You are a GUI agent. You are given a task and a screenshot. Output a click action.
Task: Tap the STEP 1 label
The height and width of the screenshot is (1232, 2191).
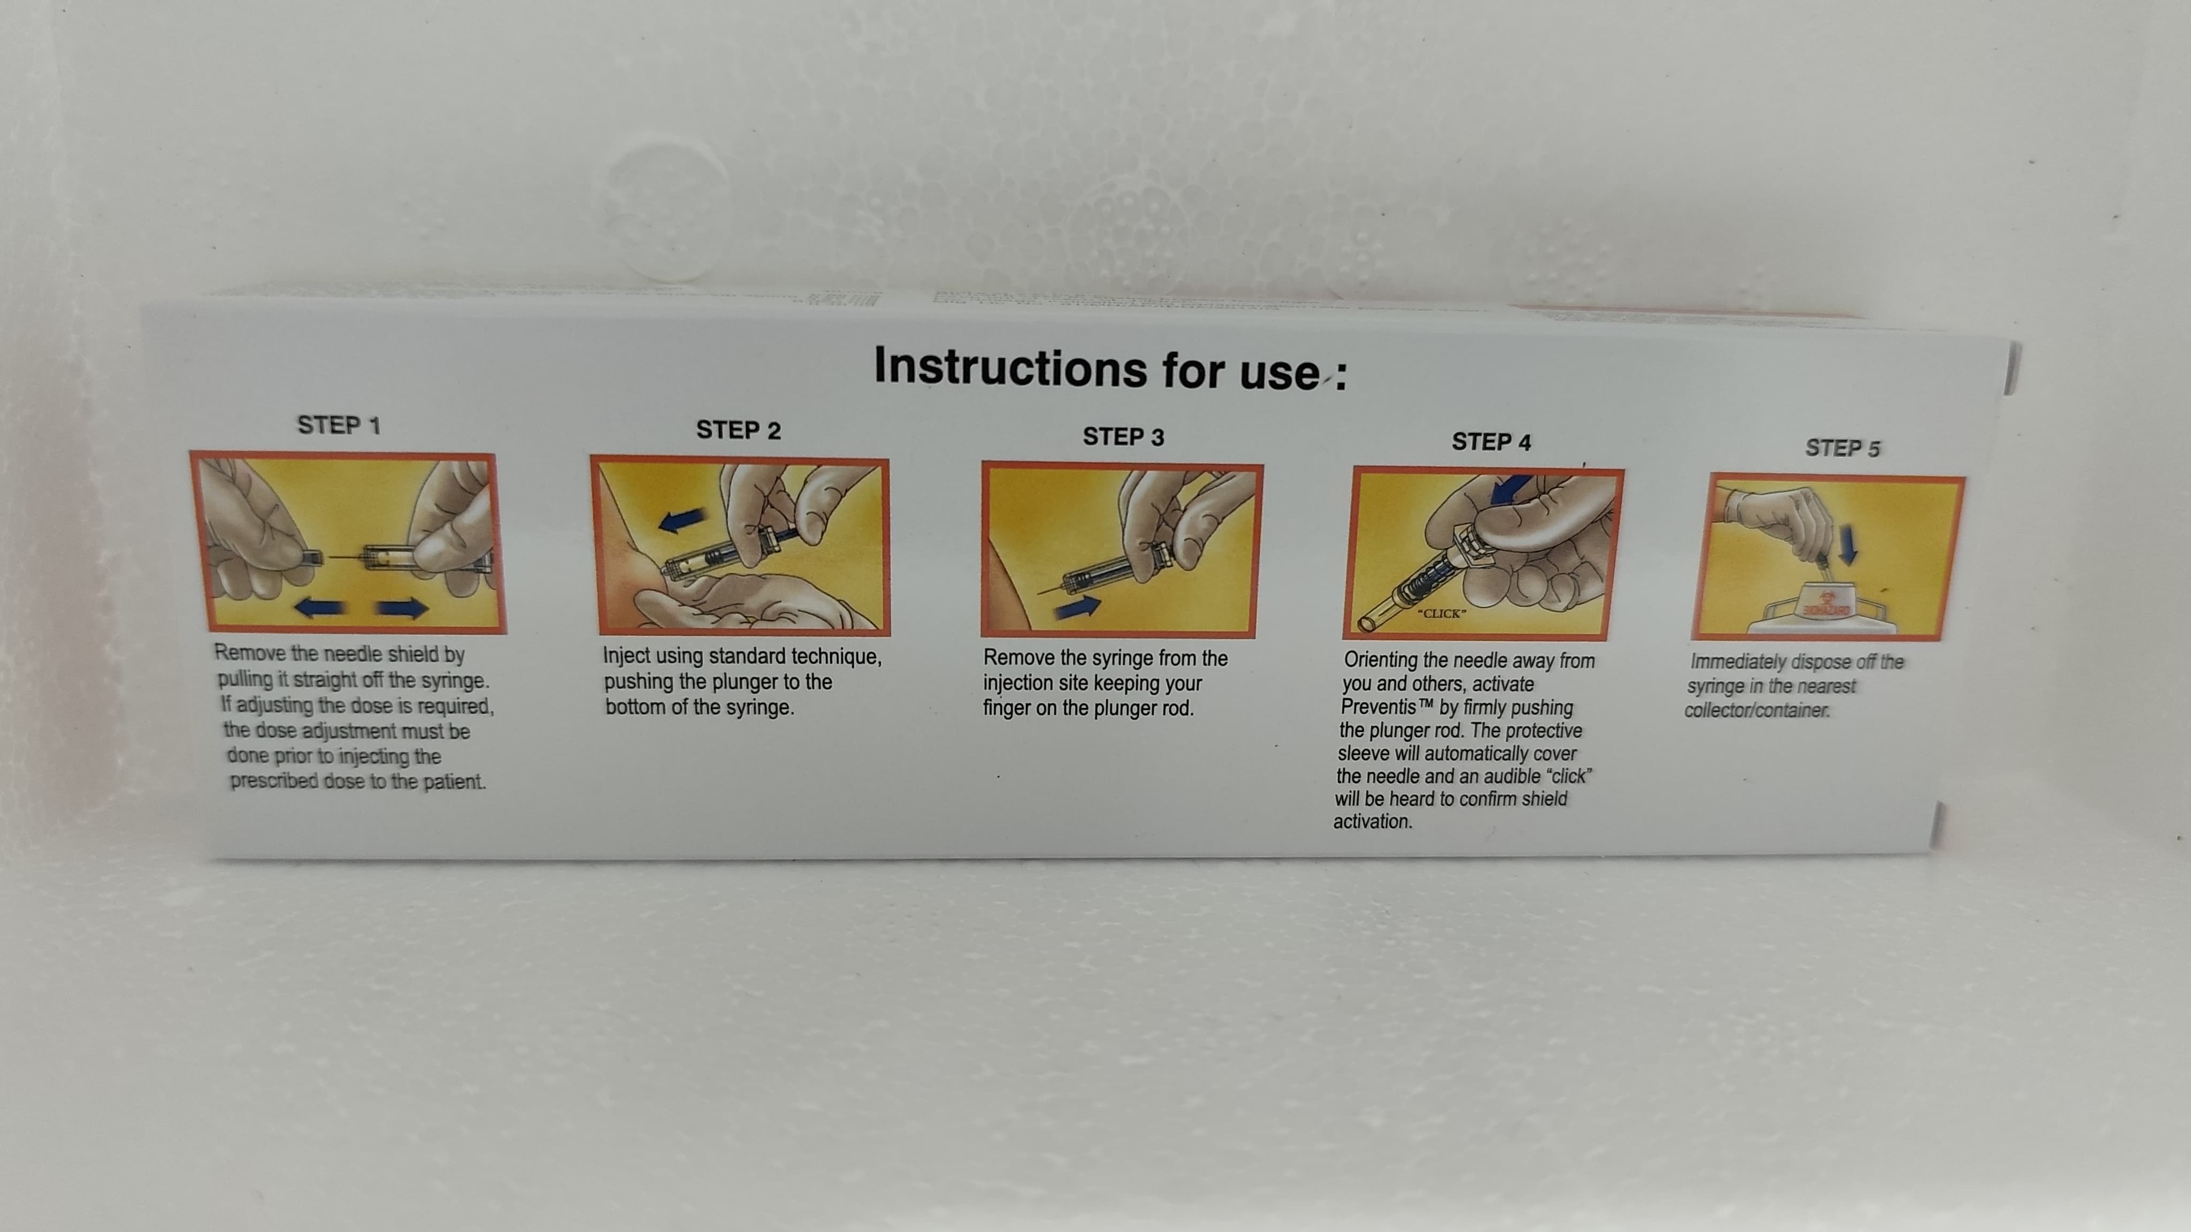(x=339, y=425)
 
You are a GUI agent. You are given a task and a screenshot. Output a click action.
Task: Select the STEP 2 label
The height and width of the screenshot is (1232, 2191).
(x=738, y=430)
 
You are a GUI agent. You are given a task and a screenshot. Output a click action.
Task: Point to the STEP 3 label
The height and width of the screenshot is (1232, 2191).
(x=1123, y=437)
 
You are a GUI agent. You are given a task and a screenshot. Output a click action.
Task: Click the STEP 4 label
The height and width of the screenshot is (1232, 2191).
(x=1491, y=442)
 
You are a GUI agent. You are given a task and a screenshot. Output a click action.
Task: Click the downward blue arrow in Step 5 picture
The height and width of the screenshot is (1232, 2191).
(x=1847, y=544)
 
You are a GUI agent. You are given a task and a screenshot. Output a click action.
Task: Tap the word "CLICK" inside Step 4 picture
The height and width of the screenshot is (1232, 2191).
(x=1442, y=613)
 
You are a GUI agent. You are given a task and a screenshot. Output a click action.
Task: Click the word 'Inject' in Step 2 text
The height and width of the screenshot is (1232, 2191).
(x=626, y=657)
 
